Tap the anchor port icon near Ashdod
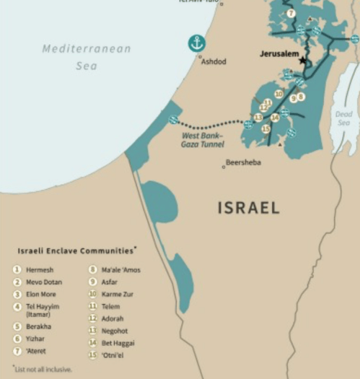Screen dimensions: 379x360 tap(196, 43)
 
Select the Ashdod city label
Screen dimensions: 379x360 tap(213, 62)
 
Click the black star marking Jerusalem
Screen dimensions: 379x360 tap(302, 61)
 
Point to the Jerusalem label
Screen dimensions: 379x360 tap(281, 54)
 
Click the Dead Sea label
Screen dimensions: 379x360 tap(343, 118)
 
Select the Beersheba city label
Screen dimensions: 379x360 tap(243, 163)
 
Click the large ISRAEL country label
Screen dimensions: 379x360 tap(248, 208)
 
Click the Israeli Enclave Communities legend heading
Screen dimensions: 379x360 tap(74, 251)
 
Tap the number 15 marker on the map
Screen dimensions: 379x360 tap(265, 128)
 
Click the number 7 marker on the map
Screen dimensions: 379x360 tap(290, 13)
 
